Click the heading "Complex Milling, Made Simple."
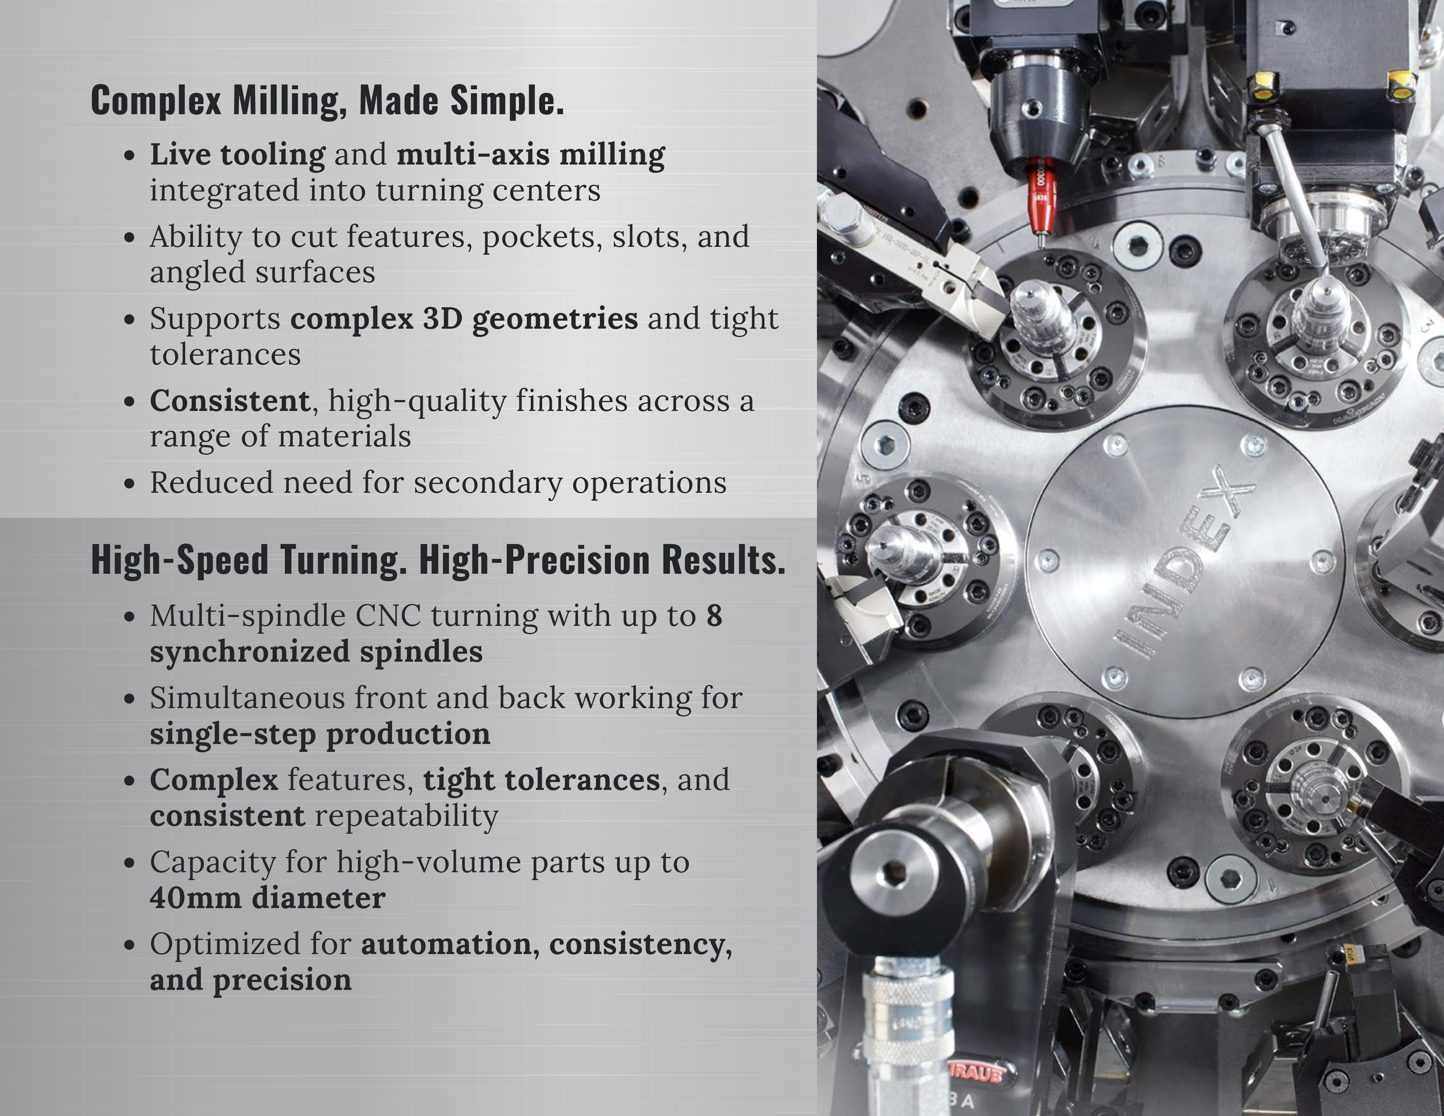327,101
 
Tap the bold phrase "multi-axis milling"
531,154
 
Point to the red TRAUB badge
976,1074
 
